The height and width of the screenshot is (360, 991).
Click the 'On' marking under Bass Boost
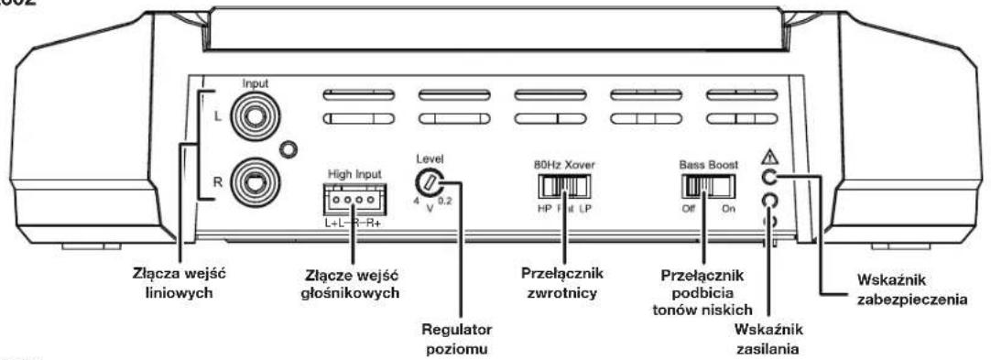pyautogui.click(x=728, y=209)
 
